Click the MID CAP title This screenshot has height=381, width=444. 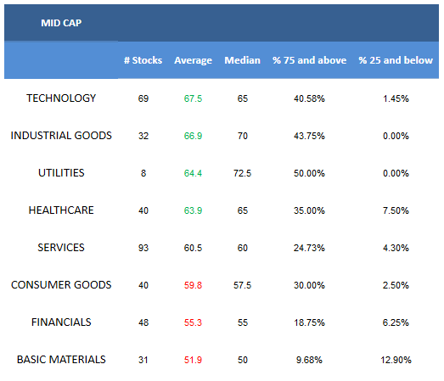point(61,23)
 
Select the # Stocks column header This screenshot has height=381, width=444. point(143,60)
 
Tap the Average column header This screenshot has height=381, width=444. point(193,60)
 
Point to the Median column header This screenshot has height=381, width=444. point(243,60)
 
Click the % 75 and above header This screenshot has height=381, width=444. point(310,60)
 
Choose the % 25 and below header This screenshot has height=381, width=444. point(396,60)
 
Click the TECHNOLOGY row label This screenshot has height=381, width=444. point(61,98)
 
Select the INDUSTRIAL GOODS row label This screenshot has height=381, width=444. point(61,136)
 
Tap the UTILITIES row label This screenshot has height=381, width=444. point(61,173)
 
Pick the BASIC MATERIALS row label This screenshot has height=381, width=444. point(61,360)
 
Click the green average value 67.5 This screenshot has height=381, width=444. point(193,98)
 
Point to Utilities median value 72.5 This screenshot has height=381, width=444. point(243,173)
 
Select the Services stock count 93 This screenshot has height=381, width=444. point(143,248)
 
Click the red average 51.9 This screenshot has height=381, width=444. point(193,360)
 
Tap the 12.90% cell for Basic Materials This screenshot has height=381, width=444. point(396,360)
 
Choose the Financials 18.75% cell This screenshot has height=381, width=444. point(309,322)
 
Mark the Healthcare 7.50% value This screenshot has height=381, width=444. point(396,210)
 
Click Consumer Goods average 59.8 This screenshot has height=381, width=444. point(193,285)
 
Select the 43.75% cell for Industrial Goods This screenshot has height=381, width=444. point(309,136)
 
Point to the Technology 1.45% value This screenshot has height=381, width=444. point(396,98)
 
